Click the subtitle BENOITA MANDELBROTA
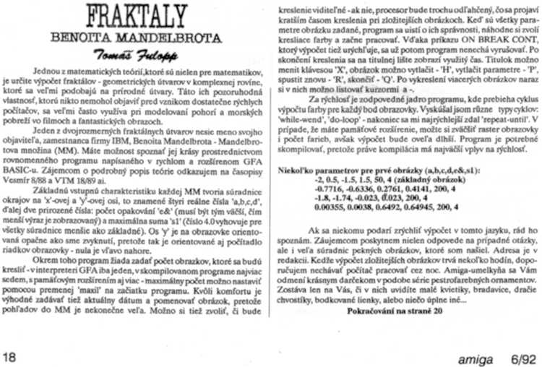(133, 39)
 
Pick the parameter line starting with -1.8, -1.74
(371, 217)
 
